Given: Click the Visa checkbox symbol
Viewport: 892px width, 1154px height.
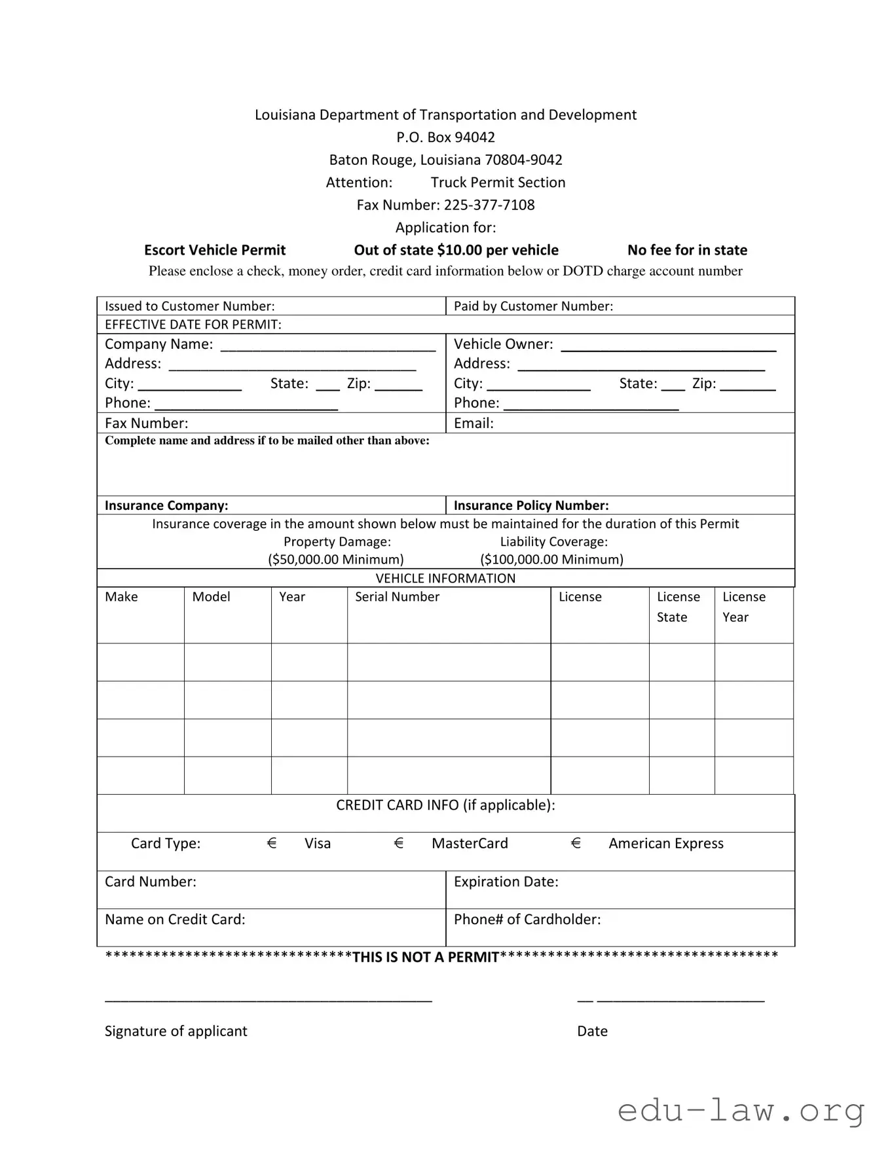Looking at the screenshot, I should tap(272, 843).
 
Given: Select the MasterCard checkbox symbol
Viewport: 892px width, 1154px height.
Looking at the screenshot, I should tap(399, 843).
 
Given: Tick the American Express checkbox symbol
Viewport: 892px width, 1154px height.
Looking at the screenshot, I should tap(576, 843).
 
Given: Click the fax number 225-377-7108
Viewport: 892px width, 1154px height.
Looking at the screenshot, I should tap(489, 205).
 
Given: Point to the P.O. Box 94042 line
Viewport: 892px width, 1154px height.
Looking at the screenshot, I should tap(445, 137).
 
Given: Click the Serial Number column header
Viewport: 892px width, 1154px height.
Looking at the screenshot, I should tap(397, 597).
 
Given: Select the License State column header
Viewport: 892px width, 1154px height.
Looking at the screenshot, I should tap(678, 607).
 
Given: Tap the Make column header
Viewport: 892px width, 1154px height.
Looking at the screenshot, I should tap(121, 597).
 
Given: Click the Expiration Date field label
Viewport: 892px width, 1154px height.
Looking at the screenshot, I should tap(506, 882).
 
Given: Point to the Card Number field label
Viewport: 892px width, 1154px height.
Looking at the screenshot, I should tap(151, 882).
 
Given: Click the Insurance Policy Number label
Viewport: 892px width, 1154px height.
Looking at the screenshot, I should tap(531, 505).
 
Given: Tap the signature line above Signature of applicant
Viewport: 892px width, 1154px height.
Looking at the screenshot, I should tap(268, 1000).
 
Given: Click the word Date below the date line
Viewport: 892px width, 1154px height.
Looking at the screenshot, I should tap(592, 1031).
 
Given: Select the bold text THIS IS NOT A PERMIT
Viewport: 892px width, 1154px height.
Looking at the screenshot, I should tap(426, 957).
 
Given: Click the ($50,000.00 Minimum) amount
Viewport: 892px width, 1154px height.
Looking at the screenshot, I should tap(336, 560).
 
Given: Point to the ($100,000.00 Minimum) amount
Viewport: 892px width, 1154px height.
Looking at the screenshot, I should tap(551, 560).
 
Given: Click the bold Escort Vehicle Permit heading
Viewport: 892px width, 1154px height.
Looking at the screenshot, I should tap(215, 250).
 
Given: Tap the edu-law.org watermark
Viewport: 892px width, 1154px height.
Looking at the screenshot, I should tap(741, 1111).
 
